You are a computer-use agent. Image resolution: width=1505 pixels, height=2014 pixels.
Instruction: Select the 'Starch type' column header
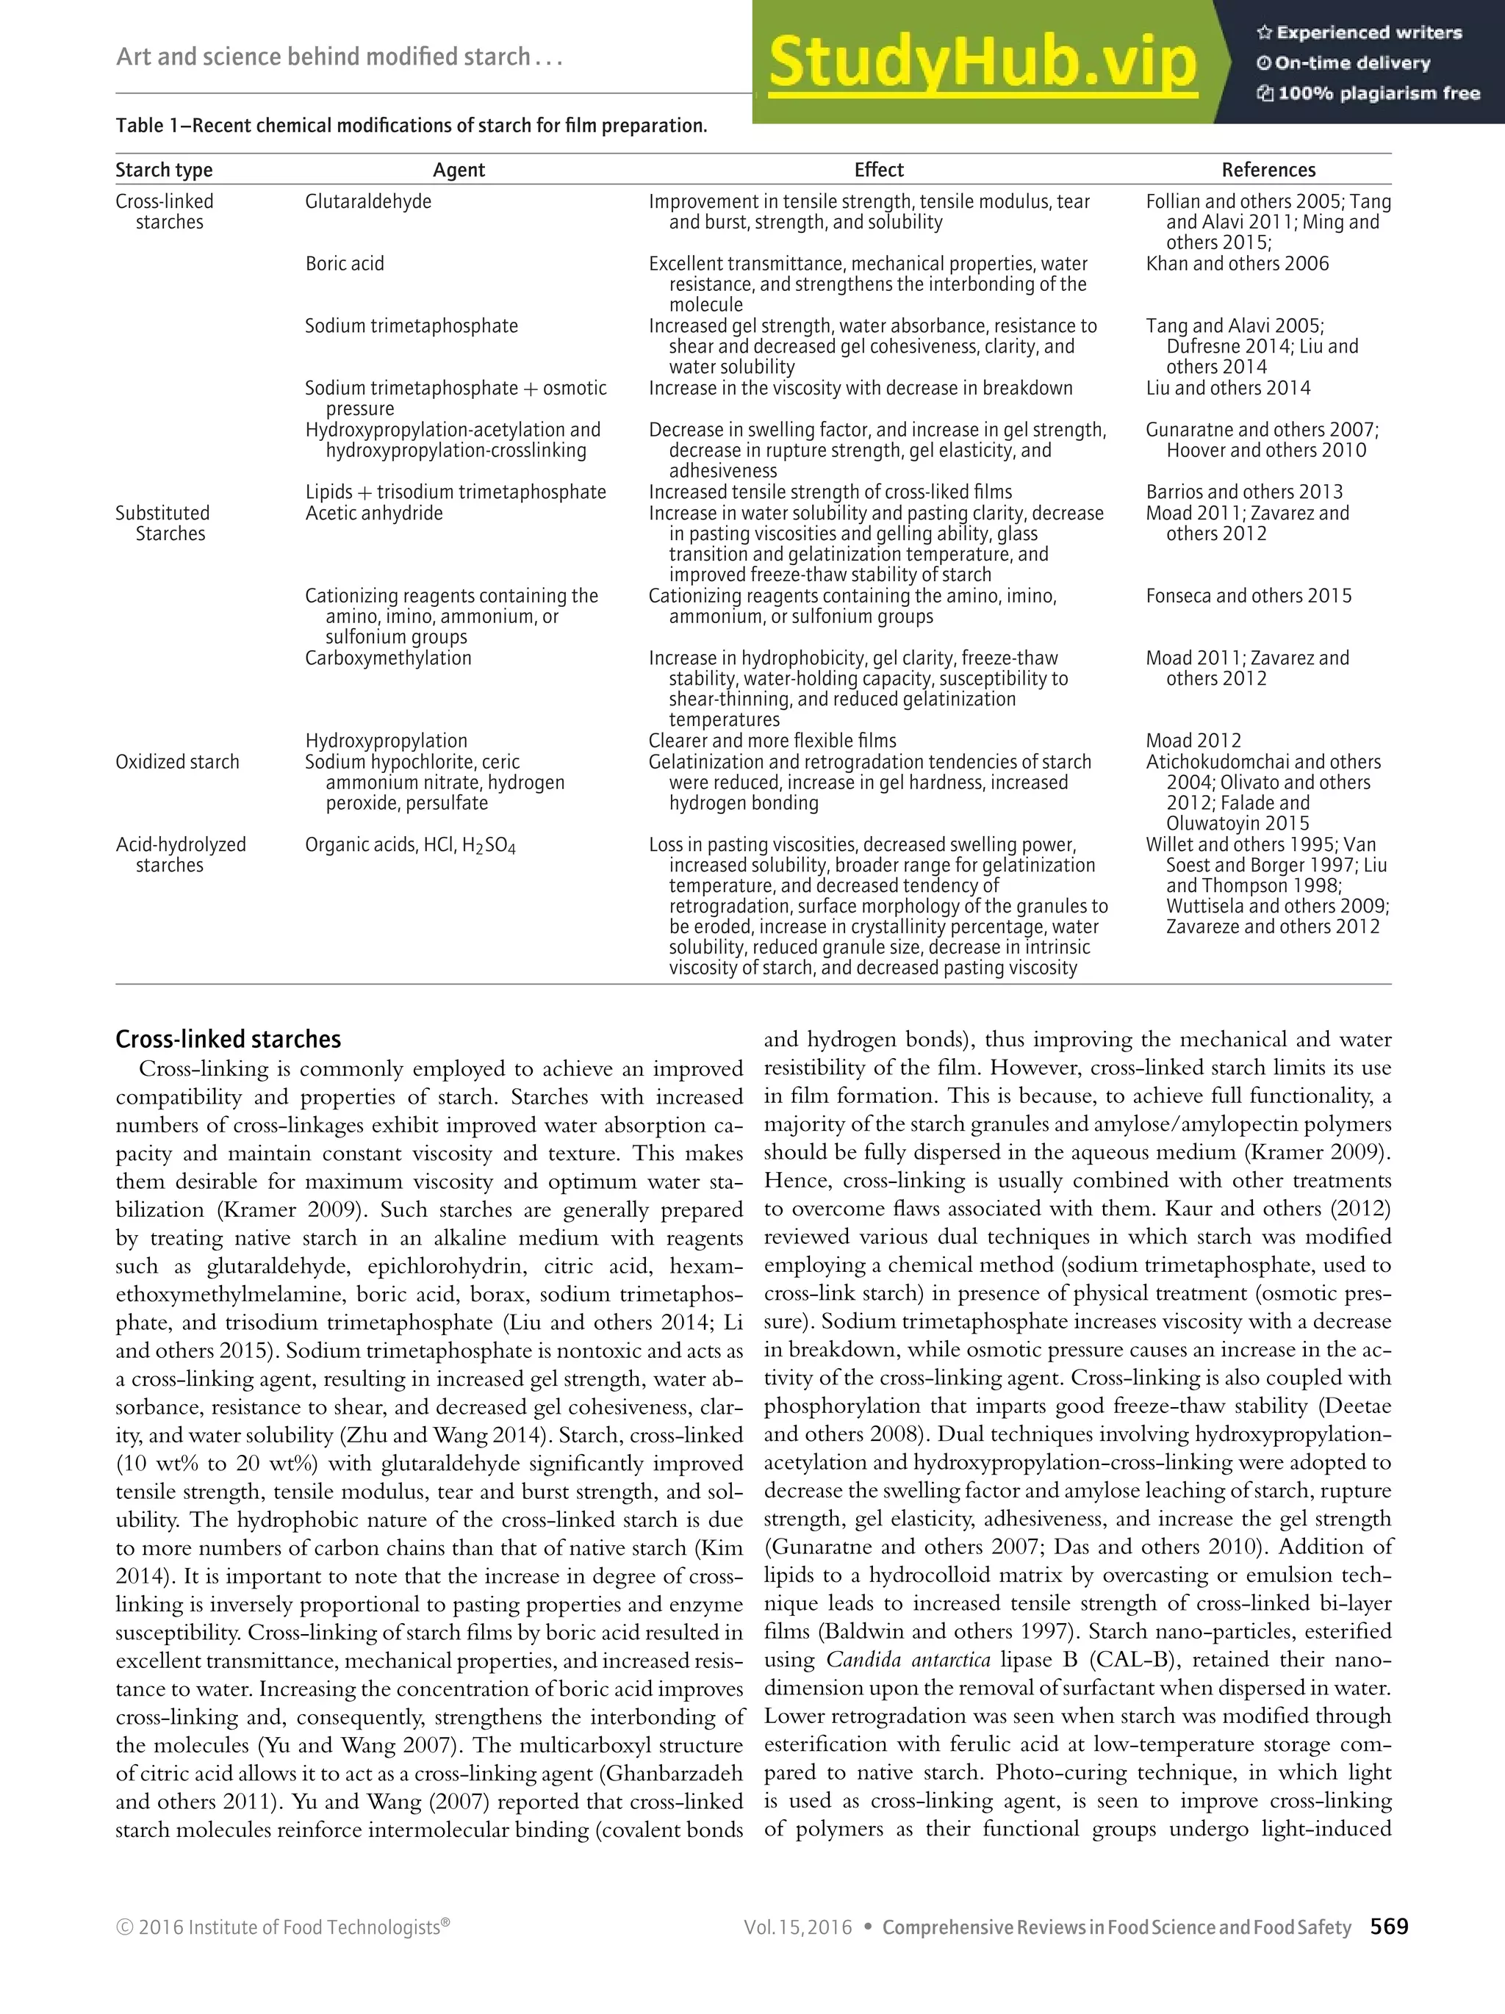[x=164, y=170]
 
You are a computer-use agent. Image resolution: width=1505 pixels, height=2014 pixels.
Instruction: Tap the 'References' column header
[x=1268, y=170]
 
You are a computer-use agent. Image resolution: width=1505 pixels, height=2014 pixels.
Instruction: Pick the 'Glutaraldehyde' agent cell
[x=368, y=201]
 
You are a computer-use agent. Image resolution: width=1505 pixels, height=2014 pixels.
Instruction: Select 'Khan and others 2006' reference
[x=1237, y=264]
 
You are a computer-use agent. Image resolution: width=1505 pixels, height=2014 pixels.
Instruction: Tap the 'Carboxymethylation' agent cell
[x=388, y=658]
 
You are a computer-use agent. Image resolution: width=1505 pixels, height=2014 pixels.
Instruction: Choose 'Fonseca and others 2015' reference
[x=1249, y=597]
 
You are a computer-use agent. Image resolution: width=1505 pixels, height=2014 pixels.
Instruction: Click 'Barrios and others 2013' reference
[x=1243, y=492]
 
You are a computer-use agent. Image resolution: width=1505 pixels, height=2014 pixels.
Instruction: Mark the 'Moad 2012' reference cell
[x=1193, y=741]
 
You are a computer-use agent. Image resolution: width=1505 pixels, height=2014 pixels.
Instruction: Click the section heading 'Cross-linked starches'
[x=228, y=1040]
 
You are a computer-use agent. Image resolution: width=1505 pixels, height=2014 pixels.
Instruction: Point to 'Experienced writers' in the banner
[x=1368, y=34]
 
